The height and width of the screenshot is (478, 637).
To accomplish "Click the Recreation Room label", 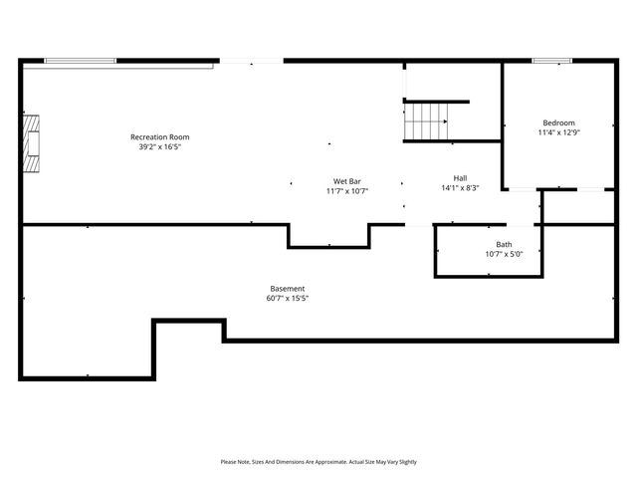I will tap(159, 136).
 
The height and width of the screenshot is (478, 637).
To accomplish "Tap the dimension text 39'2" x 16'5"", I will tap(159, 146).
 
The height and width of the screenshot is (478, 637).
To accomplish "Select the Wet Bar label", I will tap(346, 181).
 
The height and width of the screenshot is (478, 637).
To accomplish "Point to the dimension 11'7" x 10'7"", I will tap(346, 191).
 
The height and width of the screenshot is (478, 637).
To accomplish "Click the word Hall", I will tap(460, 178).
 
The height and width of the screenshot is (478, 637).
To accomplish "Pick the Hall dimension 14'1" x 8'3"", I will tap(460, 188).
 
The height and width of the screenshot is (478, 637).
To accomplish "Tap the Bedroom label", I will tap(558, 122).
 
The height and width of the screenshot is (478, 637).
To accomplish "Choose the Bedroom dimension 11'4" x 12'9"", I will tap(558, 131).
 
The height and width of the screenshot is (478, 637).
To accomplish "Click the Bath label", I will tap(504, 244).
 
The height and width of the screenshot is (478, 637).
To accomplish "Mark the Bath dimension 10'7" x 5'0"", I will tap(504, 254).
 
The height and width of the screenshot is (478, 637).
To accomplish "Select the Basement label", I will tap(288, 289).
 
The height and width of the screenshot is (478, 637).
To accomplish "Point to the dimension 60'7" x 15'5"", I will tap(288, 299).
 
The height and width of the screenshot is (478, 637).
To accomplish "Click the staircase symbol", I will tap(426, 122).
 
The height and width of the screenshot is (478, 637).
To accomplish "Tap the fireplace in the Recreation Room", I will tap(34, 137).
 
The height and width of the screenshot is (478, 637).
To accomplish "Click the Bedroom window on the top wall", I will tap(551, 62).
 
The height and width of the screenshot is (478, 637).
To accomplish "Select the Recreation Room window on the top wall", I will tap(81, 62).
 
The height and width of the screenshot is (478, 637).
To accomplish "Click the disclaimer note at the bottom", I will tap(318, 462).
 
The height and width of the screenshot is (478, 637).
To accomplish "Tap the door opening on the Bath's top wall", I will tap(523, 225).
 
